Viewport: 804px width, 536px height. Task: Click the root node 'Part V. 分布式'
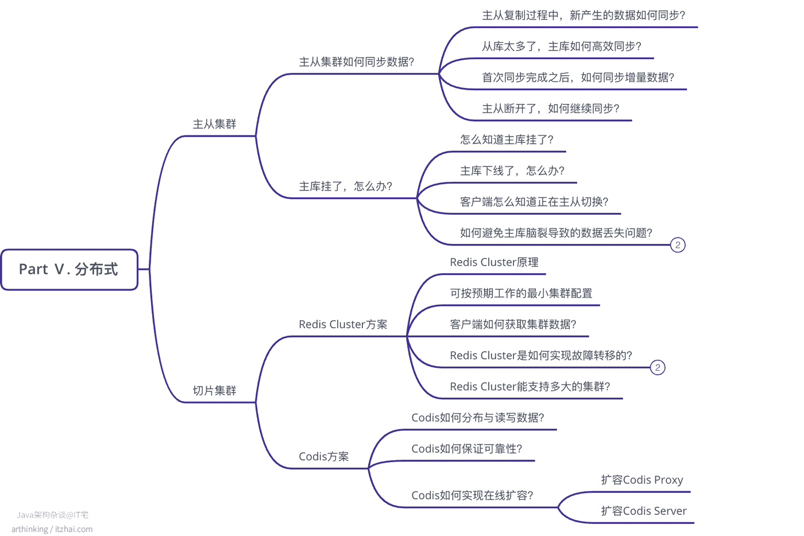69,270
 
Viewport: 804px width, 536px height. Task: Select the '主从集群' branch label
214,124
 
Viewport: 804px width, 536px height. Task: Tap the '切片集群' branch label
214,390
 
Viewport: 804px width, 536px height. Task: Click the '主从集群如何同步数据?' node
357,62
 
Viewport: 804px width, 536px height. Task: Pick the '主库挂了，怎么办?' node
345,186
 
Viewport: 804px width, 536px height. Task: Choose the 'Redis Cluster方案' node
343,324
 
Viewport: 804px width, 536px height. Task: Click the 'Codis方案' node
324,456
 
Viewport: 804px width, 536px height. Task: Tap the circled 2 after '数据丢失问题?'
678,245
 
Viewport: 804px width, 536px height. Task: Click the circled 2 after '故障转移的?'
658,367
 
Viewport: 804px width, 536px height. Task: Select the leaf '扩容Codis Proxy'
642,480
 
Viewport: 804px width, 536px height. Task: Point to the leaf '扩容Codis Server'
644,511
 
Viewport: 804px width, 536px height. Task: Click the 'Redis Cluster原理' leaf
494,262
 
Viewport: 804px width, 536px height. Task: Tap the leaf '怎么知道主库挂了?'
507,139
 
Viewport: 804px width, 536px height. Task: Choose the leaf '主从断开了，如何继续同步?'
551,108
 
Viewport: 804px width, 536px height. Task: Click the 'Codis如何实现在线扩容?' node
472,495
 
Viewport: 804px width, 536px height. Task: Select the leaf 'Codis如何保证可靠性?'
466,449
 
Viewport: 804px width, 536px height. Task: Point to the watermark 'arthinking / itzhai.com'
52,529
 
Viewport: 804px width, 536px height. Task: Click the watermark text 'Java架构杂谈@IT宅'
52,515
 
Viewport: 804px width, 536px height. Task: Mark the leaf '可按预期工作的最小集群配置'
521,293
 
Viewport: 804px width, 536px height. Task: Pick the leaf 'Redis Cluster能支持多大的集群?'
530,387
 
